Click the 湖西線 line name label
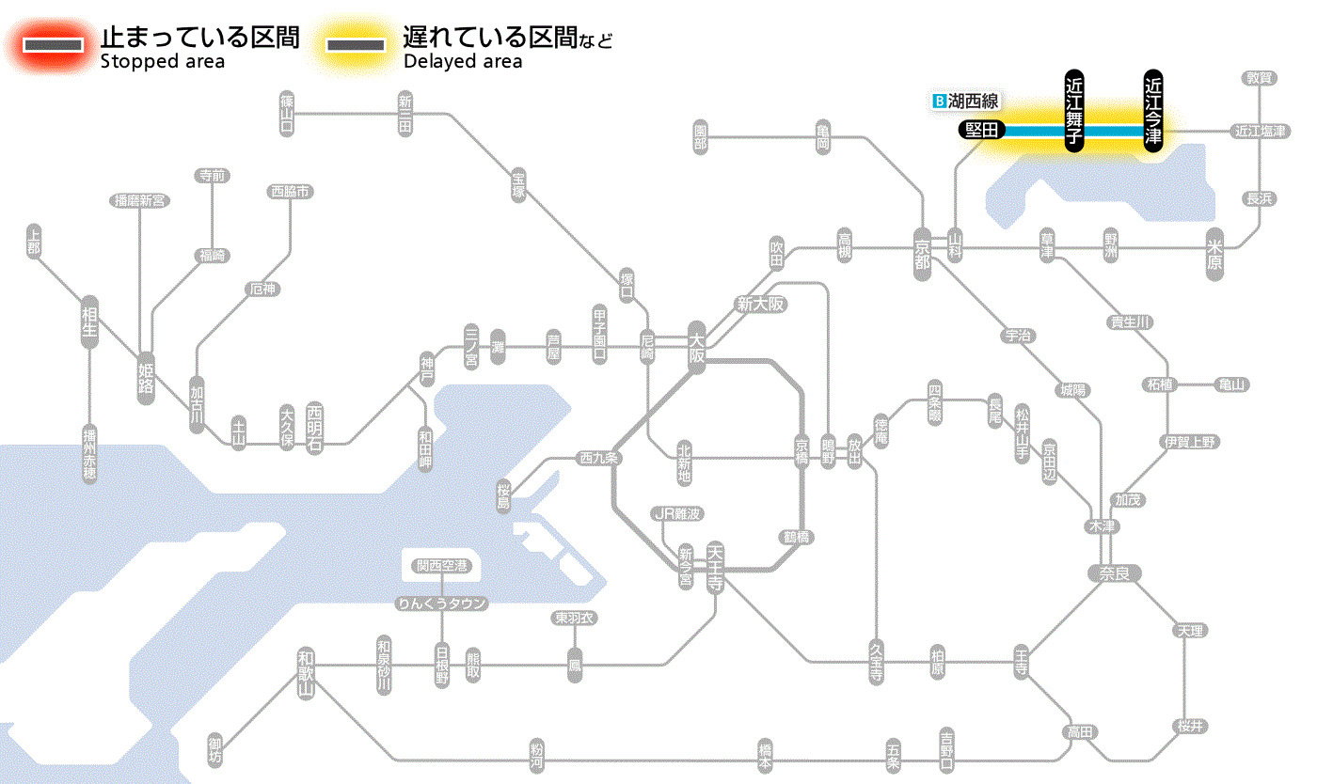(x=967, y=101)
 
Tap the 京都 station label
(x=922, y=252)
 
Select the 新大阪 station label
(x=760, y=305)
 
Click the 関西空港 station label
(x=441, y=566)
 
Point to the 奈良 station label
(x=1114, y=573)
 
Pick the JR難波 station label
(x=678, y=513)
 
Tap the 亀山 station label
(x=1232, y=384)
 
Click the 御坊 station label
(x=216, y=750)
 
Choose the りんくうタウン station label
(x=441, y=604)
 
